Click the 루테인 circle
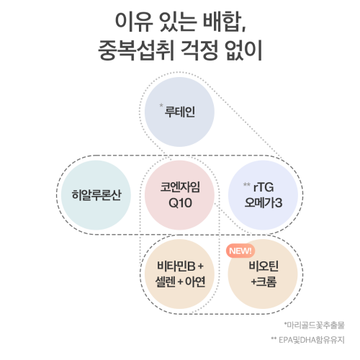point(179,113)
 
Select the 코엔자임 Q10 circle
point(179,194)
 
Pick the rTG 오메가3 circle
point(266,194)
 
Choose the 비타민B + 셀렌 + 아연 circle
point(179,274)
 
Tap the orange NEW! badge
point(240,251)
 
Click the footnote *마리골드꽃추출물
point(314,324)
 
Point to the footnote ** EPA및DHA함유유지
point(308,338)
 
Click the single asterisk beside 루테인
point(161,107)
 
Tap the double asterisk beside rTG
point(246,184)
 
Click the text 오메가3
point(264,203)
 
